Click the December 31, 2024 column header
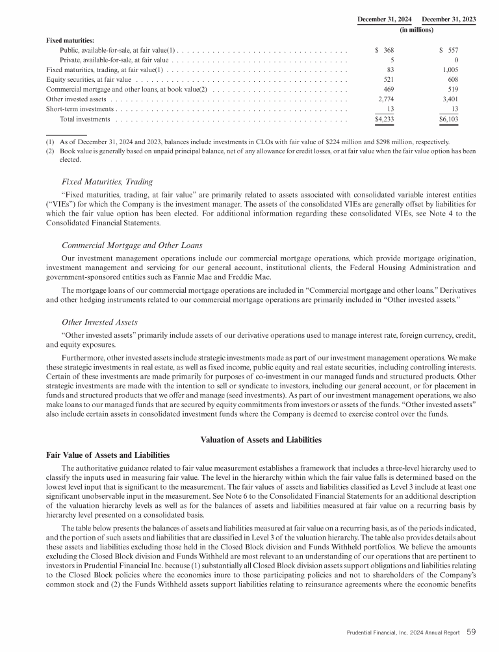click(x=387, y=19)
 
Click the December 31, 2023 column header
click(x=449, y=19)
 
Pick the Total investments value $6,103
click(x=448, y=119)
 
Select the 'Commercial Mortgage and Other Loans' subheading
click(x=132, y=245)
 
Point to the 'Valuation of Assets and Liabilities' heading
click(x=263, y=440)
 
